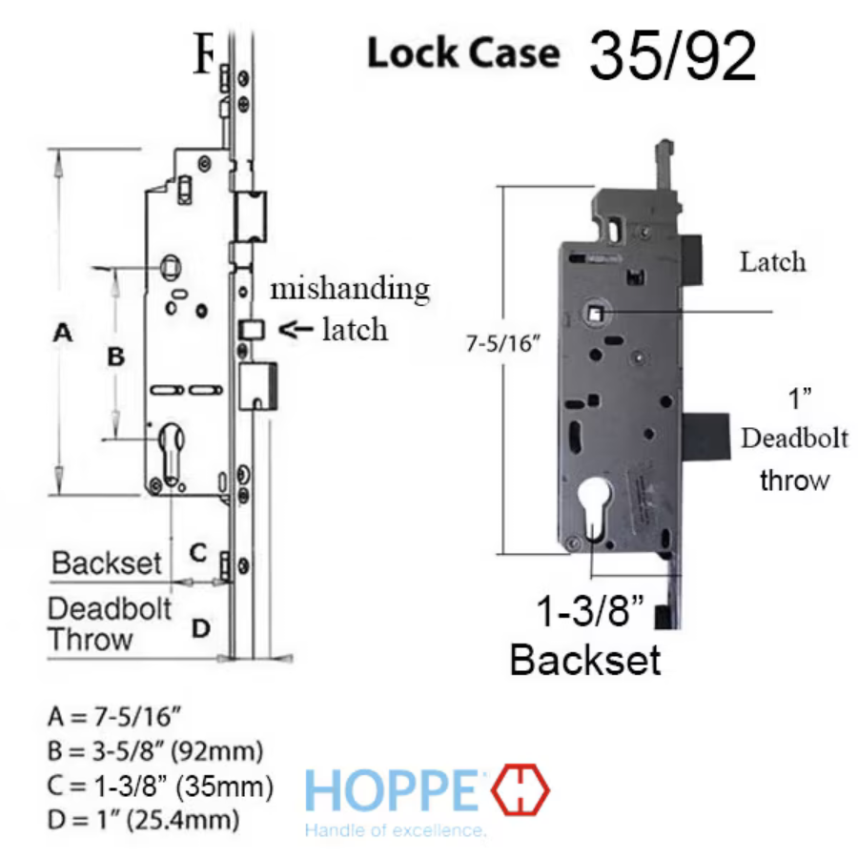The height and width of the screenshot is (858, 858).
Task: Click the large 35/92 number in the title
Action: point(672,56)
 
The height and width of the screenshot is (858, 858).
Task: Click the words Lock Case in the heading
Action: point(463,53)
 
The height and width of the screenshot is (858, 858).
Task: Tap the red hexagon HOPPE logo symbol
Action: point(520,789)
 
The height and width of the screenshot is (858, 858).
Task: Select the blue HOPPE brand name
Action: point(390,790)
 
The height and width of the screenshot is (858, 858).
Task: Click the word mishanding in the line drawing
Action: point(350,289)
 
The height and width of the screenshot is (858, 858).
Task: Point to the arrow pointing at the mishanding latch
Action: point(296,329)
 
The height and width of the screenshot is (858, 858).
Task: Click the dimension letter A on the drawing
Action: point(62,332)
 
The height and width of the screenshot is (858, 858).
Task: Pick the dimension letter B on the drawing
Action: point(115,357)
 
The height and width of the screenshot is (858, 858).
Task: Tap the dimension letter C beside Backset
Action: point(198,553)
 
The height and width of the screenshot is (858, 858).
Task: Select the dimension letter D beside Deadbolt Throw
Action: point(201,629)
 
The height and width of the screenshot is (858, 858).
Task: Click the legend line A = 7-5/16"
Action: point(114,716)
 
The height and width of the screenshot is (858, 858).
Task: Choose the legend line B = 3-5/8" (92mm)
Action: point(155,751)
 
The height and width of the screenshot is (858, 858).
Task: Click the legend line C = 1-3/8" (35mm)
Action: point(160,786)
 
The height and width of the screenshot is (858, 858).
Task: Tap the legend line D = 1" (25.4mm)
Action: point(143,820)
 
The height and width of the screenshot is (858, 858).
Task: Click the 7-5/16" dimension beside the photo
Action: point(502,343)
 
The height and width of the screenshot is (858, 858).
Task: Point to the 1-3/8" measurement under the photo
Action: point(590,610)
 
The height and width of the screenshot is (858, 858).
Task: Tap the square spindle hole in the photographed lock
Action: point(595,314)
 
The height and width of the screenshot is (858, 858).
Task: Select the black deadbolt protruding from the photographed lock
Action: point(706,436)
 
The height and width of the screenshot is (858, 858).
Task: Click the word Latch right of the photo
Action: point(772,262)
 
